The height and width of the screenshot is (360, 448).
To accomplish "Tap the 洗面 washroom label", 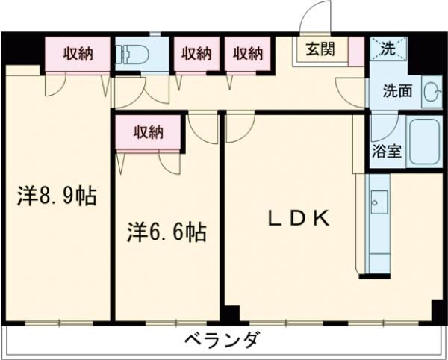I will click(x=398, y=92).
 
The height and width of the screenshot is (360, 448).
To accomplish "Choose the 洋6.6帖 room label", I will click(x=167, y=232).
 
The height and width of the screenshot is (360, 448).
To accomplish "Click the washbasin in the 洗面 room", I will click(x=431, y=91).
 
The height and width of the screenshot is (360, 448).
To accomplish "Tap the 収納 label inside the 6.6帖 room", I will click(x=149, y=133).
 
